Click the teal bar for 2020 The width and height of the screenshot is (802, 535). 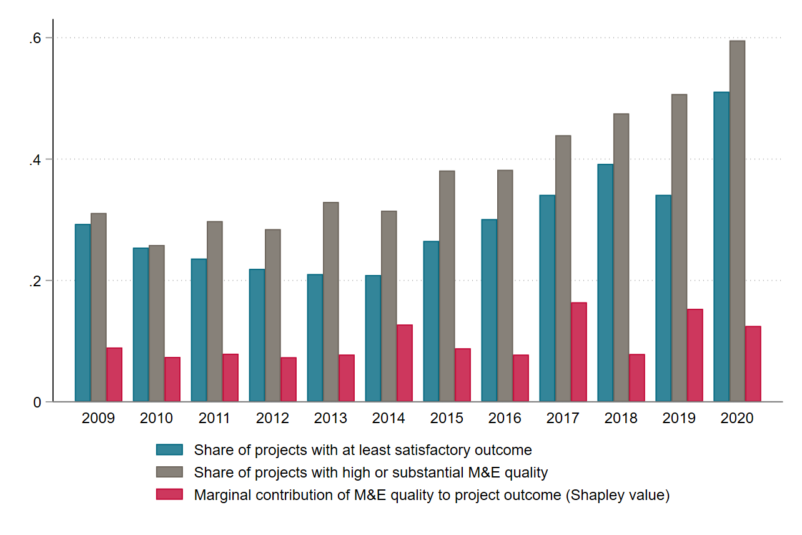tap(721, 247)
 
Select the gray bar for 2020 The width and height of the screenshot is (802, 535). tap(737, 221)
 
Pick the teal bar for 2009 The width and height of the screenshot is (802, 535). tap(83, 312)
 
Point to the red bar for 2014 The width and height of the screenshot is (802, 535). tap(405, 363)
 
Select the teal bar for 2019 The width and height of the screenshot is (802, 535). tap(663, 298)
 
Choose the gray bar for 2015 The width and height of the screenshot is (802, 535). tap(447, 286)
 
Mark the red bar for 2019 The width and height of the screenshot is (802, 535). tap(695, 355)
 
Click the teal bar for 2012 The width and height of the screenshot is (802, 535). tap(257, 335)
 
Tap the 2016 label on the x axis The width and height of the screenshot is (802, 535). tap(505, 418)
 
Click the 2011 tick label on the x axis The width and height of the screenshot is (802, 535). tap(215, 418)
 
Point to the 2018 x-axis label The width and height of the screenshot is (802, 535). tap(621, 418)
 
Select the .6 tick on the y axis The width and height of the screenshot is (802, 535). tap(35, 38)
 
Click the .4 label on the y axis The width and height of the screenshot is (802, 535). tap(35, 159)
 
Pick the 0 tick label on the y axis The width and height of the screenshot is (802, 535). tap(37, 402)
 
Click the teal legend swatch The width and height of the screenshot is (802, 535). tap(169, 449)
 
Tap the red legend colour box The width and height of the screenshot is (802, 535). tap(169, 494)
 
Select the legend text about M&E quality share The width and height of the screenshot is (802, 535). tap(371, 472)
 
